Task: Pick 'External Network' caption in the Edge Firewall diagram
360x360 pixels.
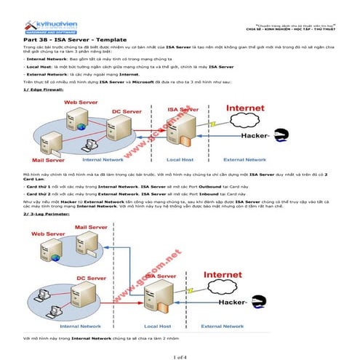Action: (x=244, y=159)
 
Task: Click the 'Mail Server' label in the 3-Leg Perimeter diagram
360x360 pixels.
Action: (x=91, y=228)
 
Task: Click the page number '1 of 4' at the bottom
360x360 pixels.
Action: (x=180, y=354)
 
